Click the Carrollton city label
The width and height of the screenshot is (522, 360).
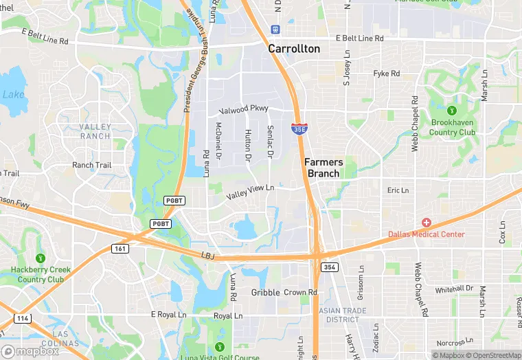tap(294, 49)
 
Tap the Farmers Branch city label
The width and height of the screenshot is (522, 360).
tap(324, 168)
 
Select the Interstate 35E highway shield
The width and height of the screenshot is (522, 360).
tap(299, 128)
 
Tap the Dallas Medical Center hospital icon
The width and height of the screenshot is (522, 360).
tap(427, 223)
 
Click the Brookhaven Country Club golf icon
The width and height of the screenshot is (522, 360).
tap(452, 111)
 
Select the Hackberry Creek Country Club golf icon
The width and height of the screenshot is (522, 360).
tap(41, 258)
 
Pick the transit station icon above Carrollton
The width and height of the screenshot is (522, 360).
tap(275, 30)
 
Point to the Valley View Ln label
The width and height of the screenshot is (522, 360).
tap(250, 192)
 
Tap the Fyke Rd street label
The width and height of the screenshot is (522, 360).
tap(386, 74)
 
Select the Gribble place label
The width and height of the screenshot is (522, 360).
tap(265, 293)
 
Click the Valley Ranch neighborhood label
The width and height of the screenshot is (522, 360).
tap(95, 131)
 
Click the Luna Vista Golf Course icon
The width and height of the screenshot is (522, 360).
tap(220, 346)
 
